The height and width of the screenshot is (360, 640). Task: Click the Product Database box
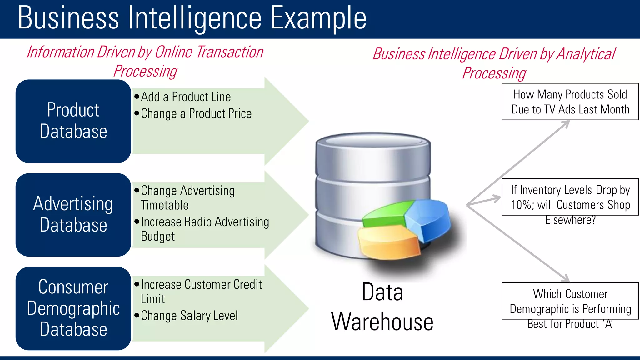click(x=73, y=121)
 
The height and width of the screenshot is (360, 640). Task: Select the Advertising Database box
click(x=73, y=215)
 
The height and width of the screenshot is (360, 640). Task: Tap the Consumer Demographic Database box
click(x=73, y=308)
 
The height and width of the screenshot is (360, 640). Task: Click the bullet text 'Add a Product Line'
click(x=186, y=97)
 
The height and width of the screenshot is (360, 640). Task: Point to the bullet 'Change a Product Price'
click(x=196, y=113)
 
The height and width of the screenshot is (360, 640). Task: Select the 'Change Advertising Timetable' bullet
click(x=187, y=198)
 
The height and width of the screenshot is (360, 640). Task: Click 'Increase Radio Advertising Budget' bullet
click(x=205, y=229)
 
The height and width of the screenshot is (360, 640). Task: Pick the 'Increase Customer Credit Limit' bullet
click(x=201, y=292)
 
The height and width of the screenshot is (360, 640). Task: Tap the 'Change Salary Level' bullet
click(x=189, y=316)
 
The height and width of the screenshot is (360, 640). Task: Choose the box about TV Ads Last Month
click(x=570, y=102)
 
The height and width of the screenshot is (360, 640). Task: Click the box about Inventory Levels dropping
click(x=570, y=197)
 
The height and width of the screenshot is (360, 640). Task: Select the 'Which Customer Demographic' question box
click(x=570, y=301)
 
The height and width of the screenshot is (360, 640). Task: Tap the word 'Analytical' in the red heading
click(x=586, y=54)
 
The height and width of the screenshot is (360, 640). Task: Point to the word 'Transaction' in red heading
click(x=230, y=52)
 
